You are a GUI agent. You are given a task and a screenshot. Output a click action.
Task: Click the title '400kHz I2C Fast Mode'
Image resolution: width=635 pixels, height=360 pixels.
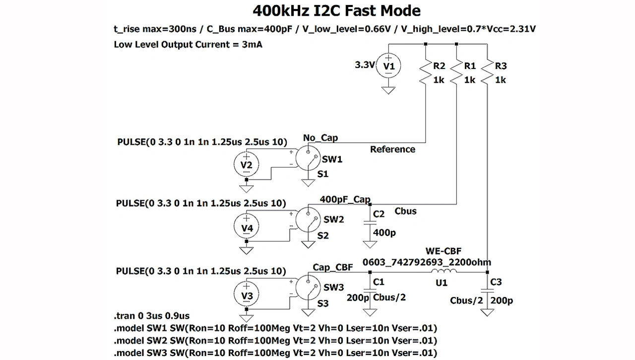tap(336, 10)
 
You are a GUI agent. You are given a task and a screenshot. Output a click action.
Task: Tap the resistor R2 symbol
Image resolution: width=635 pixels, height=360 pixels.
tap(426, 72)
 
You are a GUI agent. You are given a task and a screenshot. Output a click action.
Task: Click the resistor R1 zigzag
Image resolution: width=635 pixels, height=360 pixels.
tap(456, 72)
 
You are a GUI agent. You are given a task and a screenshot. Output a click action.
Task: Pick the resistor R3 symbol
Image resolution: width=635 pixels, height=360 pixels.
tap(488, 72)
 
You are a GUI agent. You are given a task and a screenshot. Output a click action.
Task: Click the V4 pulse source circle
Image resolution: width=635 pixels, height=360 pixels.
tap(247, 227)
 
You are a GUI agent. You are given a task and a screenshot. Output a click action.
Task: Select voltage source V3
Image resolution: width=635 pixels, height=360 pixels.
tap(247, 295)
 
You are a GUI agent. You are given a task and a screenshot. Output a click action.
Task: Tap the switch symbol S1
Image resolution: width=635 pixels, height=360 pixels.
tap(309, 160)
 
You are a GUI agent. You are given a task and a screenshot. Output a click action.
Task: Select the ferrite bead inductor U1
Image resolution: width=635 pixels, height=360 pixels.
tap(442, 272)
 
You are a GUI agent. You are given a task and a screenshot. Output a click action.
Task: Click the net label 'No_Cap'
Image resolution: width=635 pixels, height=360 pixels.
tap(320, 137)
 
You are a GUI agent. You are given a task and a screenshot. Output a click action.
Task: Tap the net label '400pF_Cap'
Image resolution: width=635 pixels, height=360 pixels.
tap(345, 199)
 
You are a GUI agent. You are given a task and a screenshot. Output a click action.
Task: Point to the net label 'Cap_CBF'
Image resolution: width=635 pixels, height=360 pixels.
tap(333, 267)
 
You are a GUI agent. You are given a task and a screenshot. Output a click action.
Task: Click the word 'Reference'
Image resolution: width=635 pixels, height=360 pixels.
tap(392, 149)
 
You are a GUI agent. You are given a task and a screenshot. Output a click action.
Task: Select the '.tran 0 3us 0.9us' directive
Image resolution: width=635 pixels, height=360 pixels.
tap(152, 316)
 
